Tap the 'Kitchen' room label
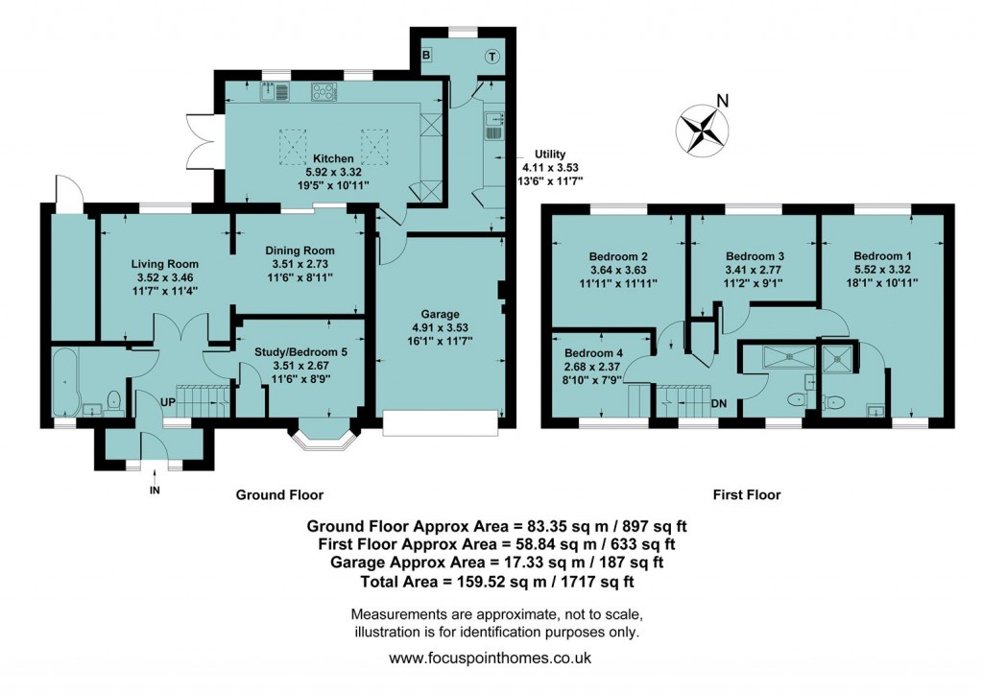(x=333, y=158)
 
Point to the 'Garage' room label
(x=442, y=314)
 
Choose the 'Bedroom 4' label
(x=593, y=352)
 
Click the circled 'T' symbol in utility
(x=491, y=55)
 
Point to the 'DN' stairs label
(x=719, y=403)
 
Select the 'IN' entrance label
(x=154, y=491)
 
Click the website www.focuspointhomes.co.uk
(x=491, y=658)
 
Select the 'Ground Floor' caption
(x=279, y=495)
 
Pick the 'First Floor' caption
(x=746, y=495)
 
